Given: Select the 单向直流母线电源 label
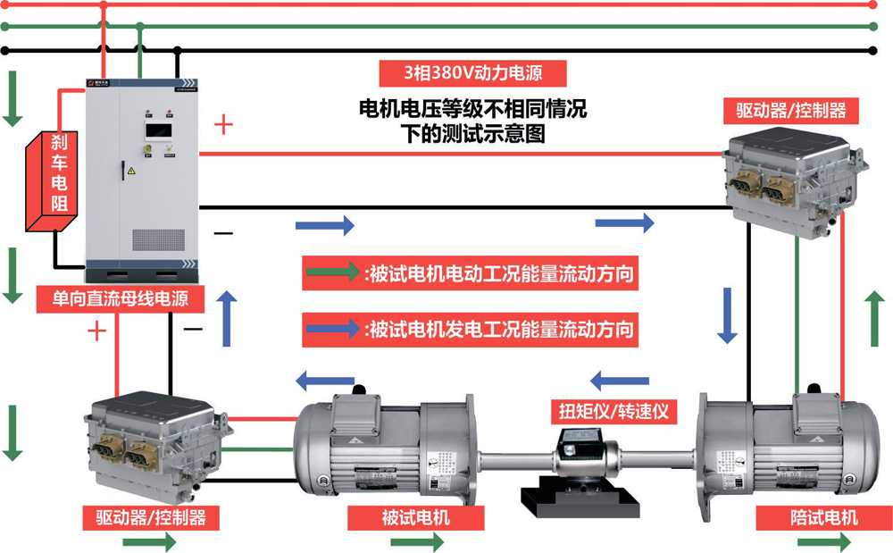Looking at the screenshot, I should point(121,298).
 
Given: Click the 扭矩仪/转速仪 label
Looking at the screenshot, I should point(613,412).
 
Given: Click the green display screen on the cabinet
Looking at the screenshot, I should point(158,130).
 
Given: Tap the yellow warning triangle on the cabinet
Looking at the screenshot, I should point(131,170).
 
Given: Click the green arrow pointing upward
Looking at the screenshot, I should point(872,318).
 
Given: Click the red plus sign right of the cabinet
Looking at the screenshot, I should point(224,125).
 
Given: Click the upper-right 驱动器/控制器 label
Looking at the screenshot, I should point(790,111).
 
